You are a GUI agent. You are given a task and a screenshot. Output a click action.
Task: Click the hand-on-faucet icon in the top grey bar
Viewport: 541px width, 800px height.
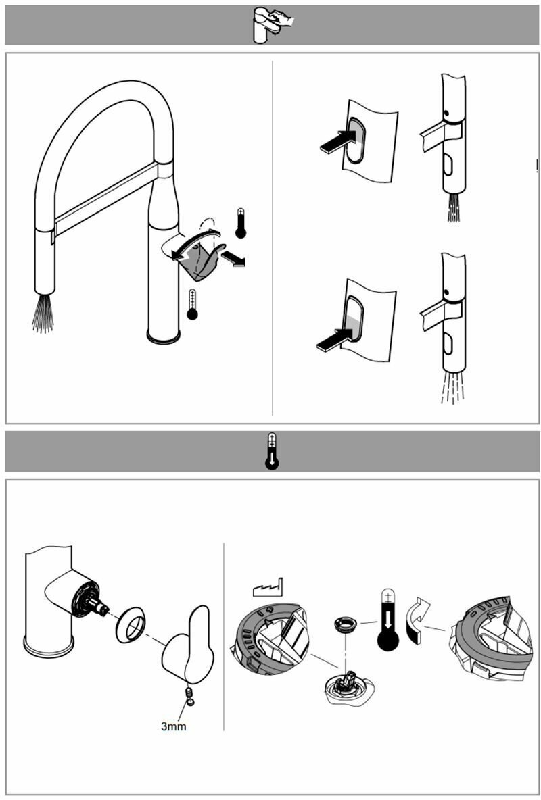tap(271, 25)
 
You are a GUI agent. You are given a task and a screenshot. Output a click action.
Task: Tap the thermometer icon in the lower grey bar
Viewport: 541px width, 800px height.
tap(272, 451)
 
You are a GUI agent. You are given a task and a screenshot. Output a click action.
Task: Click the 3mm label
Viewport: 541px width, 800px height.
tap(173, 727)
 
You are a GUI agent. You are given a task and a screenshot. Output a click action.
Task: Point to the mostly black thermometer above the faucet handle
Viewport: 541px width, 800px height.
tap(241, 223)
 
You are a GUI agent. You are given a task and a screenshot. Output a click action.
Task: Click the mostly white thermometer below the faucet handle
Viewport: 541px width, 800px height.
tap(193, 304)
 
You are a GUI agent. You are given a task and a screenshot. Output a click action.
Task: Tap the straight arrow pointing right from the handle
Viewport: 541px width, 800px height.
tap(233, 258)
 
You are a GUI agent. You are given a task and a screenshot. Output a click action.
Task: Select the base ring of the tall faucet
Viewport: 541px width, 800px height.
tap(163, 336)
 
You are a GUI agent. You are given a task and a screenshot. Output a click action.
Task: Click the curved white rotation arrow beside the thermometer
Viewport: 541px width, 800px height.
tap(417, 617)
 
